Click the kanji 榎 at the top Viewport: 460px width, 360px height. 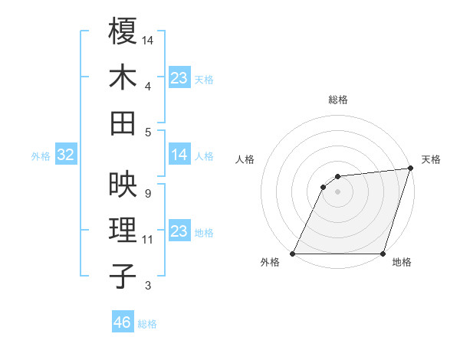click(x=123, y=32)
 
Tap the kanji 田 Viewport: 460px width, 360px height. click(x=123, y=123)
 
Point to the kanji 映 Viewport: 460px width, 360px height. click(x=123, y=184)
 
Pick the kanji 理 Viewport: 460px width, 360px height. click(x=123, y=230)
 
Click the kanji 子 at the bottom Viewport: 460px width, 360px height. click(x=123, y=276)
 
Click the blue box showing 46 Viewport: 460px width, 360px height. click(x=122, y=322)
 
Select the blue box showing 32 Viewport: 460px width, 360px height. click(x=66, y=155)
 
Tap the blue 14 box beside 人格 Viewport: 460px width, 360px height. click(x=179, y=155)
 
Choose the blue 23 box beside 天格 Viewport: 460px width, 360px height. click(x=179, y=77)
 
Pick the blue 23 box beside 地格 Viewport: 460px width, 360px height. click(x=179, y=231)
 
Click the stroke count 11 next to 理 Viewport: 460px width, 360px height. click(x=148, y=240)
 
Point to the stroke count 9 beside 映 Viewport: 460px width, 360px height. click(x=147, y=194)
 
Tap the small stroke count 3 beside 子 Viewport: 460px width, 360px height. click(x=147, y=286)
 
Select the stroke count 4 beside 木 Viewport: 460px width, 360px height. click(x=147, y=87)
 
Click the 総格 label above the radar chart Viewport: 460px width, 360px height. click(x=337, y=100)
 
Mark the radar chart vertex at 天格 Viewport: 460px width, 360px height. click(x=410, y=169)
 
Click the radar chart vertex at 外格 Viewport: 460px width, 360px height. click(x=293, y=254)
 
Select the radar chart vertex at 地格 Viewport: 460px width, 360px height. click(x=383, y=254)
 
